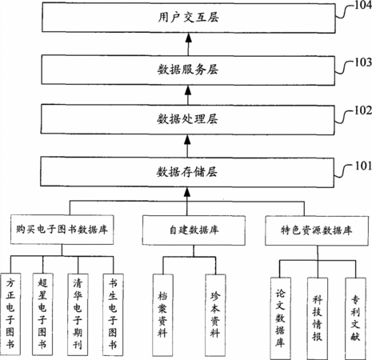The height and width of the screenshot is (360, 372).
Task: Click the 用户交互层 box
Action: pyautogui.click(x=189, y=18)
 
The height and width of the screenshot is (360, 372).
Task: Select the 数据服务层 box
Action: pyautogui.click(x=188, y=70)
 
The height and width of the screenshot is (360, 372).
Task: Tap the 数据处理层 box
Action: pyautogui.click(x=187, y=119)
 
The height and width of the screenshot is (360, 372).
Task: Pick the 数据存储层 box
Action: pyautogui.click(x=187, y=172)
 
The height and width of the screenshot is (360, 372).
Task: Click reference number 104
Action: pyautogui.click(x=363, y=5)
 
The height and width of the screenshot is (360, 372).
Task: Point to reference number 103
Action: pyautogui.click(x=363, y=62)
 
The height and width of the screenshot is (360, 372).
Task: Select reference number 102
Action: pyautogui.click(x=362, y=110)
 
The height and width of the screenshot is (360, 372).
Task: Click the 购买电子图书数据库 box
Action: pyautogui.click(x=62, y=230)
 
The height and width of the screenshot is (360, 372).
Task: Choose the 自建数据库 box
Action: pyautogui.click(x=194, y=230)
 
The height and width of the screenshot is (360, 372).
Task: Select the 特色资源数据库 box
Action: pyautogui.click(x=317, y=230)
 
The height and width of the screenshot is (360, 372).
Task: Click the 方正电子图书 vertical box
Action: pyautogui.click(x=10, y=314)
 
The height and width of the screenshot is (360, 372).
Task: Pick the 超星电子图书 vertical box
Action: pyautogui.click(x=42, y=314)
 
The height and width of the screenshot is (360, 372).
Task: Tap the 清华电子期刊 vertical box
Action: pyautogui.click(x=78, y=314)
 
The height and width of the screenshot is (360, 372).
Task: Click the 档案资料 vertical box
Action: pyautogui.click(x=163, y=315)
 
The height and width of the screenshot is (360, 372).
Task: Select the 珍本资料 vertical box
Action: pyautogui.click(x=215, y=315)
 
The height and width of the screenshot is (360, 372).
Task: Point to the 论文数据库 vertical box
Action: pyautogui.click(x=281, y=318)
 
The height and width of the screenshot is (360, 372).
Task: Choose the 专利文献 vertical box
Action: pyautogui.click(x=356, y=318)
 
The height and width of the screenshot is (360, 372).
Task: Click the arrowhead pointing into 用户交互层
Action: pyautogui.click(x=189, y=38)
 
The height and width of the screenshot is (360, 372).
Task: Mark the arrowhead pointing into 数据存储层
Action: pyautogui.click(x=187, y=191)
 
